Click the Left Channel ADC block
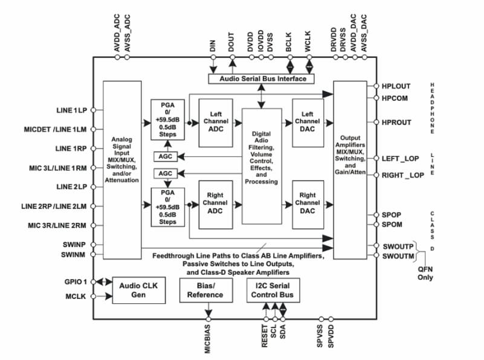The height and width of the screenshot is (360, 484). (216, 122)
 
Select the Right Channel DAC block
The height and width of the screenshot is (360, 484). (308, 203)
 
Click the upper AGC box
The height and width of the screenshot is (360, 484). (165, 156)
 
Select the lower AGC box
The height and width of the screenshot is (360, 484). (165, 173)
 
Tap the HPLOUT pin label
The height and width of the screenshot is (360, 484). (396, 86)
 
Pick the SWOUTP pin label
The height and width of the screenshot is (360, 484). (397, 246)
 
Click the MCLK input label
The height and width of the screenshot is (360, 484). (76, 297)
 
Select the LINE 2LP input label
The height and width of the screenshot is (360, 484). (72, 187)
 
